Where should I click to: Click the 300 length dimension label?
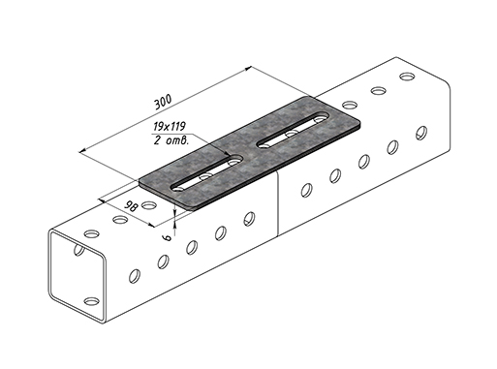163,103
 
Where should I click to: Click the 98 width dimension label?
132,205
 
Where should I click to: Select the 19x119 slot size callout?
170,127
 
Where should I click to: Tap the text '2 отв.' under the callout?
171,140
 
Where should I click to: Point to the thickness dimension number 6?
168,237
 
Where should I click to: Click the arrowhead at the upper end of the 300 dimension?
248,68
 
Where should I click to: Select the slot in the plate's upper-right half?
293,130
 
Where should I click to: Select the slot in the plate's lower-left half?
207,172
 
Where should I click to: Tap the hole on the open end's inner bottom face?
91,301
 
